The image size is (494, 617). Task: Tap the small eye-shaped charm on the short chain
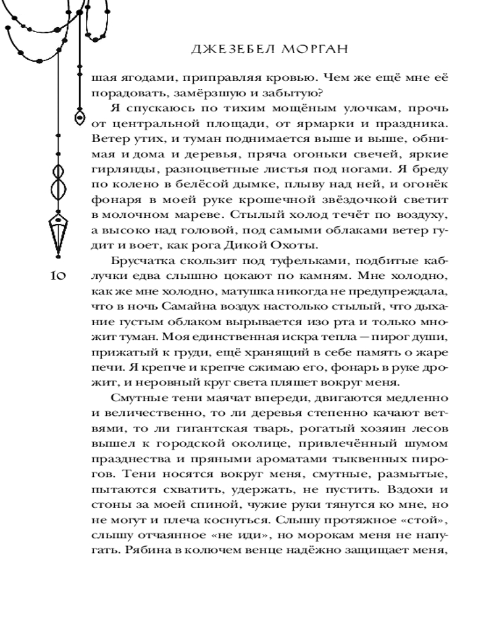coord(80,116)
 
